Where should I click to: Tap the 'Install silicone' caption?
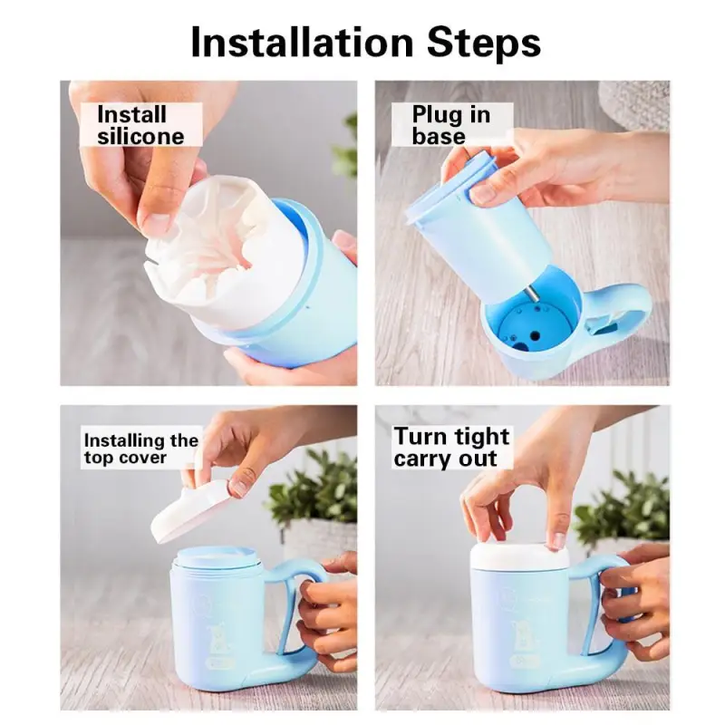coord(140,125)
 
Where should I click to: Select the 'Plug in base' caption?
coord(450,125)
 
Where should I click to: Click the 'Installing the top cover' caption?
coord(140,449)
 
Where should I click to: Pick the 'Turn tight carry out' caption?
coord(452,447)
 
